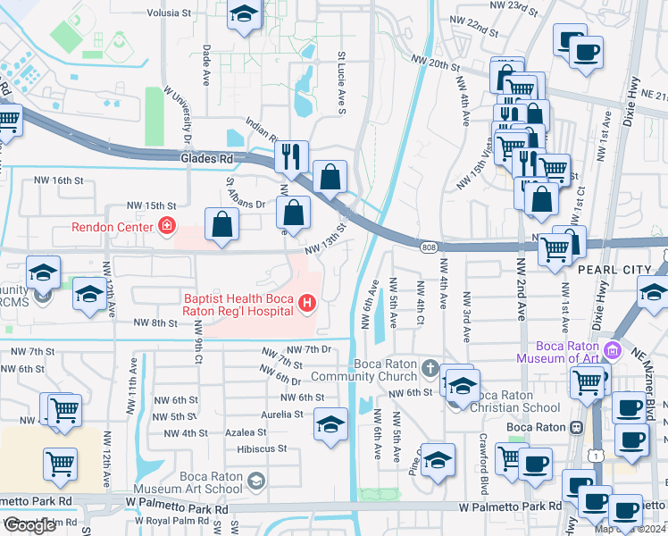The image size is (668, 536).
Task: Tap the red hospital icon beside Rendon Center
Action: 165,225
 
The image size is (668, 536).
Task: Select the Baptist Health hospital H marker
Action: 307,305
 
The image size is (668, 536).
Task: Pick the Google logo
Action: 29,525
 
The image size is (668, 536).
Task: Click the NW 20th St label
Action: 436,64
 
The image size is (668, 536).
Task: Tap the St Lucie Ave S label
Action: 341,80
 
